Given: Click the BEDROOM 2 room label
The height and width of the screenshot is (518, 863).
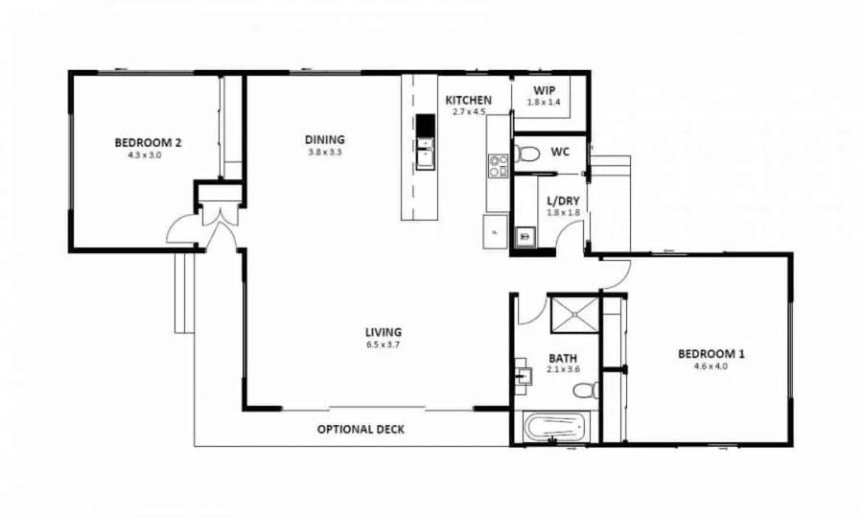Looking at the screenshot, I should pyautogui.click(x=148, y=143).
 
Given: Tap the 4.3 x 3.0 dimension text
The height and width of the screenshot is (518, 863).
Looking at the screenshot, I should pyautogui.click(x=144, y=154).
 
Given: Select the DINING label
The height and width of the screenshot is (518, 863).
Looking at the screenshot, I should pyautogui.click(x=325, y=139).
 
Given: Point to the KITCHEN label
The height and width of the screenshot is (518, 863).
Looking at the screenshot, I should pyautogui.click(x=469, y=100).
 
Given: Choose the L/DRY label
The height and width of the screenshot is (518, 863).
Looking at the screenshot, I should pyautogui.click(x=564, y=200).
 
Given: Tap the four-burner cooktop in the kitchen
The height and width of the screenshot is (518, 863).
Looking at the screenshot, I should pyautogui.click(x=498, y=166).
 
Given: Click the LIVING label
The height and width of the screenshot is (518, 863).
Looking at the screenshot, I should pyautogui.click(x=382, y=333).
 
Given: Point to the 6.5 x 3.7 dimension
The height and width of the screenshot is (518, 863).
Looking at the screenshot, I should pyautogui.click(x=382, y=344).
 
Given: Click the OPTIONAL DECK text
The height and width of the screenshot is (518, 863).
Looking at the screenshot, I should pyautogui.click(x=361, y=430).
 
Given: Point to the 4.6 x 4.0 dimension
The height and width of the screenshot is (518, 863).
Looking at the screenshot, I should pyautogui.click(x=711, y=365).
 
